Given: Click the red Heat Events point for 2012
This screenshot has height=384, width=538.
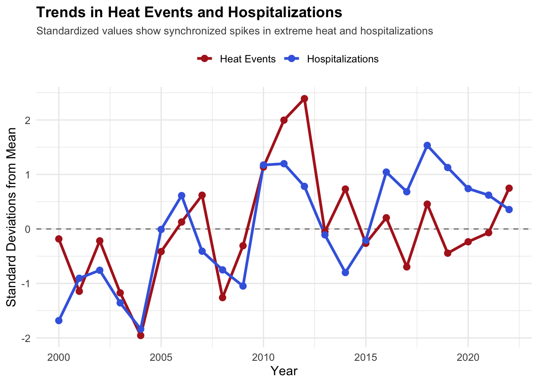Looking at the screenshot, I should click(304, 98).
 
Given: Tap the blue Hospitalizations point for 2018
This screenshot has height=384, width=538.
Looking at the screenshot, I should click(427, 145).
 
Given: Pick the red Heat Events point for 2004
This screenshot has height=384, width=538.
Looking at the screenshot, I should click(141, 335).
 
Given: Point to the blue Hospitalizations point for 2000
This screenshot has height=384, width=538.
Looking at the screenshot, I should click(59, 320).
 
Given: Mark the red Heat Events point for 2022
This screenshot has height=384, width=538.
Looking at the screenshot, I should click(509, 188).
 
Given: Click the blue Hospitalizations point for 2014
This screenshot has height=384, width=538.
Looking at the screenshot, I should click(345, 272).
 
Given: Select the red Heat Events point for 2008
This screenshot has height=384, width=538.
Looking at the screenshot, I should click(223, 298).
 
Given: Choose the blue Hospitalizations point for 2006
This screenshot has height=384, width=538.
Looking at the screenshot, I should click(182, 196).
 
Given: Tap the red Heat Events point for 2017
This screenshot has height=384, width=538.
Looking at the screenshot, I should click(407, 267).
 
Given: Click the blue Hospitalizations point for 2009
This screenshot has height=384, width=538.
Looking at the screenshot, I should click(243, 286).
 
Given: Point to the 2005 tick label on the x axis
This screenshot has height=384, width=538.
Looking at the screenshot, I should click(161, 357).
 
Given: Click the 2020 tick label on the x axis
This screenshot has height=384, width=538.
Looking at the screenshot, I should click(468, 357).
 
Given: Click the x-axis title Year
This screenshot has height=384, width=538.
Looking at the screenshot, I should click(284, 371).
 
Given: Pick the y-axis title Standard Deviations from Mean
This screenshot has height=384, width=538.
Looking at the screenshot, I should click(12, 217).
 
